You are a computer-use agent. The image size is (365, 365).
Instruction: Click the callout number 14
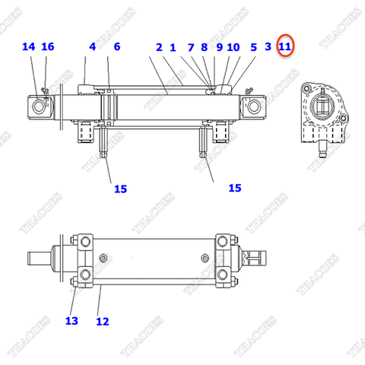coord(29,46)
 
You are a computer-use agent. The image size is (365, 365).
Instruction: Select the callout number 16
coord(48,46)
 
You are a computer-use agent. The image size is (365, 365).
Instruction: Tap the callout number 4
coord(92,46)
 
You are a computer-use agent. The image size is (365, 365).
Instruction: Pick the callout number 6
coord(116,46)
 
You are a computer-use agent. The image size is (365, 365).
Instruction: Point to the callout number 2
coord(159,47)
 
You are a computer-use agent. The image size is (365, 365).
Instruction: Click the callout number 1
coord(173,47)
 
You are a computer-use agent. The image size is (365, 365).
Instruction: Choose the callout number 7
coord(191,47)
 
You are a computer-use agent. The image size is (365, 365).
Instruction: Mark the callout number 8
coord(205,47)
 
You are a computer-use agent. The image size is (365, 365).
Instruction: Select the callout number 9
coord(219,47)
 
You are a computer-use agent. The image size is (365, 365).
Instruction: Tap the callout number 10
coord(233,47)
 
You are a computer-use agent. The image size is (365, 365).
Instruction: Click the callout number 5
coord(253,47)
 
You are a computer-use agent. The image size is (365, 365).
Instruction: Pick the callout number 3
coord(268,47)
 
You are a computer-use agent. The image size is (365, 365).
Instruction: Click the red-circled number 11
coord(285,47)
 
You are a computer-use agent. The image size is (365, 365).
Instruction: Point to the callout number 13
coord(71,321)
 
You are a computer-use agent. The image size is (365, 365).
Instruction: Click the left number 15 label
coord(120,189)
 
